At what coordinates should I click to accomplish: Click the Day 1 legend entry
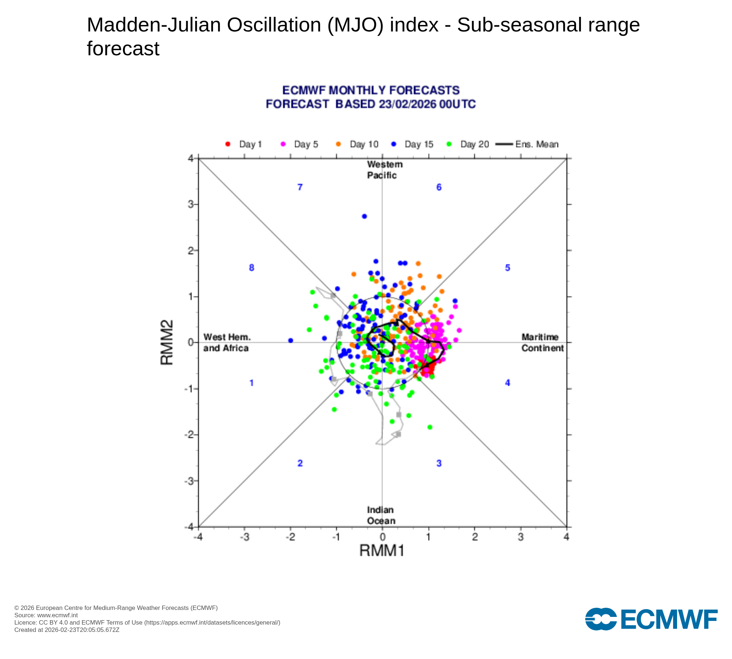coord(243,144)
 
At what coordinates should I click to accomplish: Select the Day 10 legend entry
coord(357,144)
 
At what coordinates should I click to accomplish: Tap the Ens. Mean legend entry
coord(527,144)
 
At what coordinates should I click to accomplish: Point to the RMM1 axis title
coord(382,550)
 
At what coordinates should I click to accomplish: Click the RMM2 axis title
coord(167,342)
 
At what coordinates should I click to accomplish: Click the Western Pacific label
coord(384,170)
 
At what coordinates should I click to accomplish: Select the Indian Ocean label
coord(381,515)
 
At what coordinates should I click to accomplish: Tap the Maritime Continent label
coord(542,342)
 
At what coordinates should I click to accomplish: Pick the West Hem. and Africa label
coord(227,342)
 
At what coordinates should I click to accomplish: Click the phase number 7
coord(300,187)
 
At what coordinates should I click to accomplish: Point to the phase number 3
coord(439,463)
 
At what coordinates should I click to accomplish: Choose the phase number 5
coord(507,268)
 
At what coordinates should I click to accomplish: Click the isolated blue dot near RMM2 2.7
coord(364,216)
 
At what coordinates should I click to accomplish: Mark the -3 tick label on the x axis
coord(244,537)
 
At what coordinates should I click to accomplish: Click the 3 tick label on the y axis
coord(191,204)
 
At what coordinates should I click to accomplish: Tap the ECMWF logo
coord(651,619)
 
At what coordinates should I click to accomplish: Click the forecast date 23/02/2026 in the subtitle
coord(407,104)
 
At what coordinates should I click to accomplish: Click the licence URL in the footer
coord(212,622)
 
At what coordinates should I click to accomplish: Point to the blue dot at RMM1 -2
coord(291,340)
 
